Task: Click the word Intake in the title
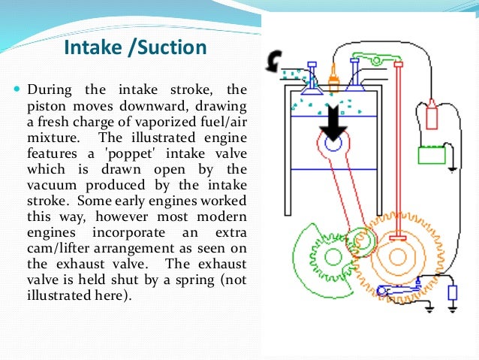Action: pyautogui.click(x=92, y=48)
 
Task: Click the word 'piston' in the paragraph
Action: pyautogui.click(x=54, y=107)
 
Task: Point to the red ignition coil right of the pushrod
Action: pyautogui.click(x=431, y=116)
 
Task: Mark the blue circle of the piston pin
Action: pyautogui.click(x=331, y=141)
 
